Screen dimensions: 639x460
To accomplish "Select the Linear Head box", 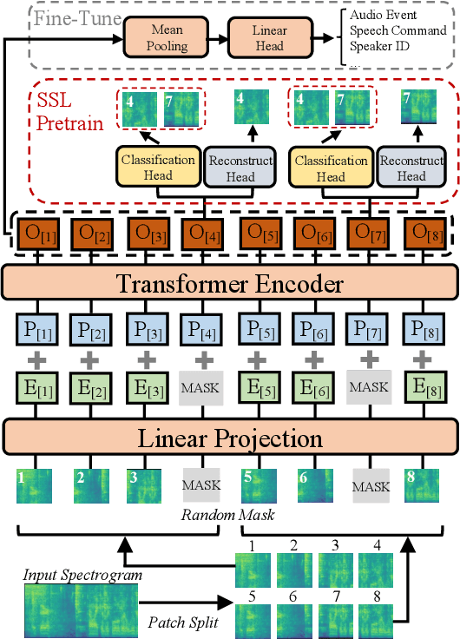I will [270, 38].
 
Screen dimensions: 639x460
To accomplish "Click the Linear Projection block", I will [230, 438].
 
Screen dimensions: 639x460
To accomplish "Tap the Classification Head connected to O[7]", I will [330, 168].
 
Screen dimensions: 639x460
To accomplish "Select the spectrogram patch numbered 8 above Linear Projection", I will [420, 486].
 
